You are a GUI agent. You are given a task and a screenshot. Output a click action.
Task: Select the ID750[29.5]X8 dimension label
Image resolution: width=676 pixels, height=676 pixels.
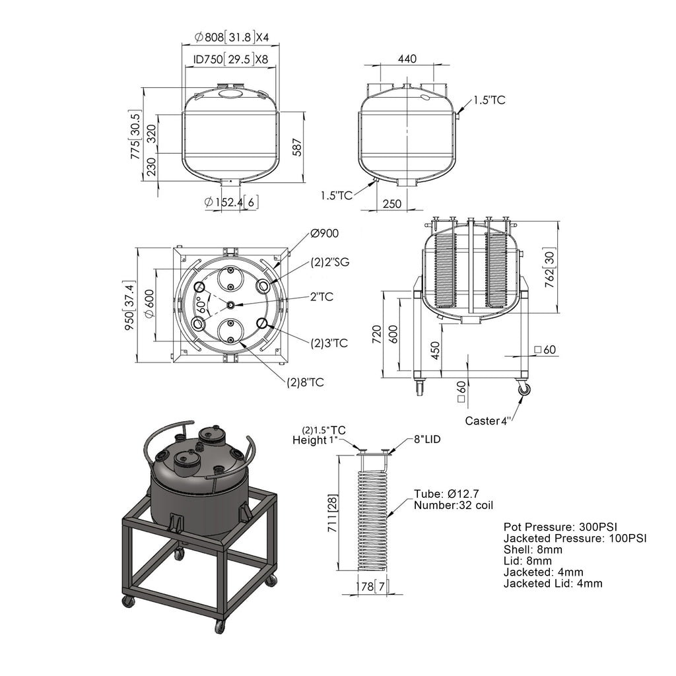[x=230, y=59]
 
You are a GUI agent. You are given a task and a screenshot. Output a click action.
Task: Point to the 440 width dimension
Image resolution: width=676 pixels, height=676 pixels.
[x=407, y=59]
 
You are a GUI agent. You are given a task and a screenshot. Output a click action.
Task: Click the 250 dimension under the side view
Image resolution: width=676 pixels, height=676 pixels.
[x=391, y=203]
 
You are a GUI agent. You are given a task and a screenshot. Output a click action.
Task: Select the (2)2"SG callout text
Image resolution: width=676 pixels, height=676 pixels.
[x=330, y=262]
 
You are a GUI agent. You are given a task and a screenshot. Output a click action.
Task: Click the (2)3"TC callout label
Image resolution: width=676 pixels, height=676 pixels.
[x=329, y=343]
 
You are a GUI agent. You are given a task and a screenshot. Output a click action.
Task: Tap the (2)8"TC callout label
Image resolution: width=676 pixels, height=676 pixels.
[x=305, y=382]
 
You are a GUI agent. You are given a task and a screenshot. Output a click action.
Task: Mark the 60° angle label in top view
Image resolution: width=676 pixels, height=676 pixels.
[x=201, y=304]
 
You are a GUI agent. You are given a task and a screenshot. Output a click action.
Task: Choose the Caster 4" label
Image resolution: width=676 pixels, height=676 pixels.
[x=487, y=420]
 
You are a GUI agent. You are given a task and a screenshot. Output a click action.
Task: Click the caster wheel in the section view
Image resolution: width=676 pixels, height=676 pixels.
[x=524, y=389]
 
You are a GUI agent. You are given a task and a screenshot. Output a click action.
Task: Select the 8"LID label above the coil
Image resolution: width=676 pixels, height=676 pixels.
[x=428, y=439]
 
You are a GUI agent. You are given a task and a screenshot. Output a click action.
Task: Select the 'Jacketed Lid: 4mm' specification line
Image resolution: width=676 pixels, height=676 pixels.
[x=553, y=583]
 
